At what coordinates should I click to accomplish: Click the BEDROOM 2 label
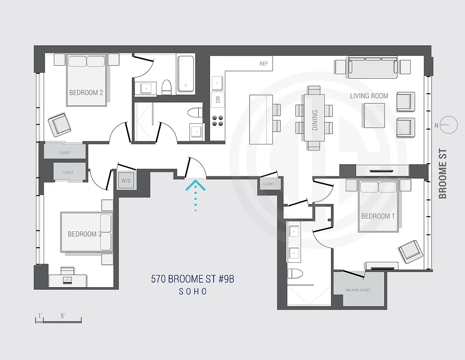[86, 93]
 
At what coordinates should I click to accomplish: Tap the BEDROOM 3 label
[85, 234]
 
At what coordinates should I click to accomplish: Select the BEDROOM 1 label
[378, 216]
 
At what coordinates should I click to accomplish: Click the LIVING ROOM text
[369, 96]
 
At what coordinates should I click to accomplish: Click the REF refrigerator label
[264, 64]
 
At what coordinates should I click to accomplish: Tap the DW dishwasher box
[218, 100]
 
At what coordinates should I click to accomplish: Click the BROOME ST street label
[443, 174]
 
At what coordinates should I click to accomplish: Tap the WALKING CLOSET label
[358, 290]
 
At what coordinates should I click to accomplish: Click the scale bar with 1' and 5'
[58, 319]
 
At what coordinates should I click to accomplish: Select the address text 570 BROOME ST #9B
[192, 279]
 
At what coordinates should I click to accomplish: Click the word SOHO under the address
[192, 292]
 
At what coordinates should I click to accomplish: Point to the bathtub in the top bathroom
[186, 73]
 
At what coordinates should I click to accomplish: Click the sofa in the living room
[372, 67]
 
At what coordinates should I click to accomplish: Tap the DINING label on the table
[315, 120]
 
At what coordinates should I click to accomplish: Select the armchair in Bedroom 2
[60, 124]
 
